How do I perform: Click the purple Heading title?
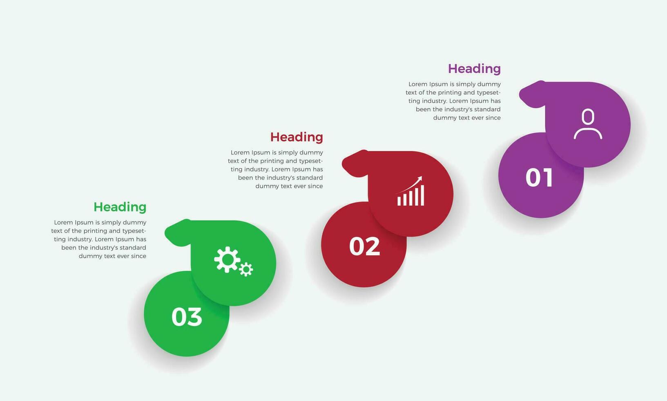pos(474,69)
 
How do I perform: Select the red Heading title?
pos(297,137)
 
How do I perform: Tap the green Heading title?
pos(120,207)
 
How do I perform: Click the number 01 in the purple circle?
pos(539,178)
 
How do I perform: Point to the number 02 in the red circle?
pos(364,246)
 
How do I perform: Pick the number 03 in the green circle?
pos(187,317)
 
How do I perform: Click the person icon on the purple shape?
pos(588,124)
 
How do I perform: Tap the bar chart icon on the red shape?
pos(410,191)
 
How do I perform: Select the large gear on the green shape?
pos(227,259)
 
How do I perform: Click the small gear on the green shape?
pos(246,269)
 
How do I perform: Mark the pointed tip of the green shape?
pos(165,233)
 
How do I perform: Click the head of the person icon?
pos(588,116)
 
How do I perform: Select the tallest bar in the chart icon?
pos(422,196)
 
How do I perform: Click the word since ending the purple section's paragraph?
pos(493,118)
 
